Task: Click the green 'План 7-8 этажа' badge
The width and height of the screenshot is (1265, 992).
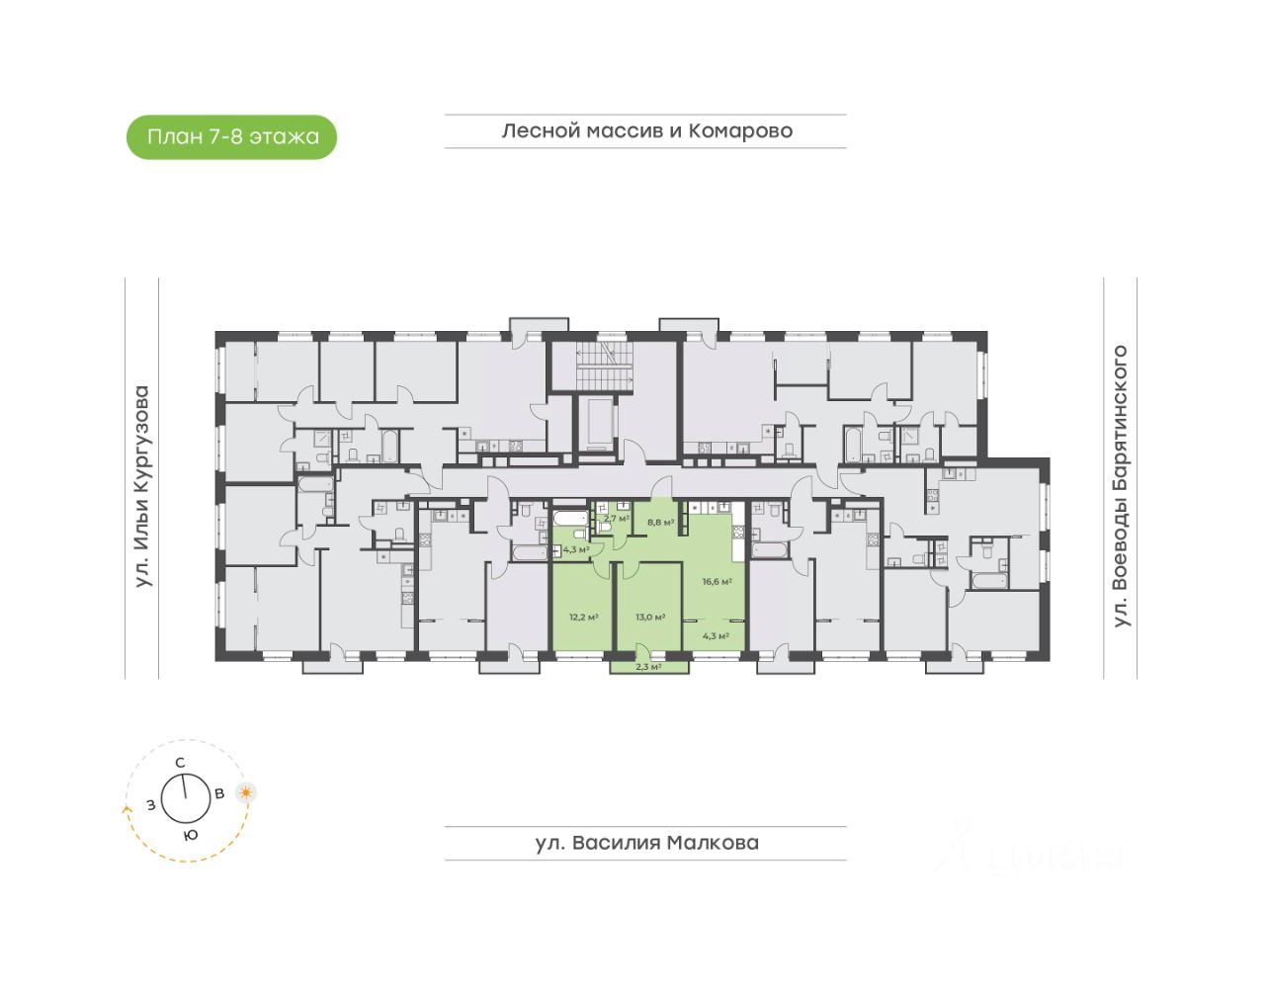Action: click(x=232, y=136)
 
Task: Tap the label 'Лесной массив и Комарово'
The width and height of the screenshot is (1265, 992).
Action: click(x=646, y=130)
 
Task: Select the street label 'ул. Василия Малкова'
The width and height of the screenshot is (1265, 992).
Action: click(x=646, y=843)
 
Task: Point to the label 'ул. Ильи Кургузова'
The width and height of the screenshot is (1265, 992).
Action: click(x=142, y=485)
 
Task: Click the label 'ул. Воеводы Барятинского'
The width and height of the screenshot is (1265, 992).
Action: click(x=1120, y=485)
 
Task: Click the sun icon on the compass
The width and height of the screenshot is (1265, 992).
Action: click(x=245, y=791)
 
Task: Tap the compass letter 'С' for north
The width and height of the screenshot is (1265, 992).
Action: click(x=180, y=762)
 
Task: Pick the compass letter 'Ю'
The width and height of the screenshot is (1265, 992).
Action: click(x=191, y=834)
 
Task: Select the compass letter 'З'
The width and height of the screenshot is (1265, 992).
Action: click(x=150, y=804)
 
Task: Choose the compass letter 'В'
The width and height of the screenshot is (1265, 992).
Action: click(x=220, y=792)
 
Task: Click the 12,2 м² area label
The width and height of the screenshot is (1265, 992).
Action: click(x=583, y=617)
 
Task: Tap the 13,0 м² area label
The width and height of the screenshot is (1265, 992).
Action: click(x=649, y=617)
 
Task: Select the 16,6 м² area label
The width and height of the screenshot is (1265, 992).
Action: click(x=717, y=581)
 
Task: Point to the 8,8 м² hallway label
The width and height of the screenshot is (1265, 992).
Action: click(x=660, y=522)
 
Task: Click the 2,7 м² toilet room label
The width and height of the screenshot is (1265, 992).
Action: click(x=616, y=517)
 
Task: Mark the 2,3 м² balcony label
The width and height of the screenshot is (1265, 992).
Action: click(x=647, y=667)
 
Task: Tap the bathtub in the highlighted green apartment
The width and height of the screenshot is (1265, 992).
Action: click(x=570, y=518)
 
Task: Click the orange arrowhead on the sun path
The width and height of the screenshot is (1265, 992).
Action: click(x=126, y=808)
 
